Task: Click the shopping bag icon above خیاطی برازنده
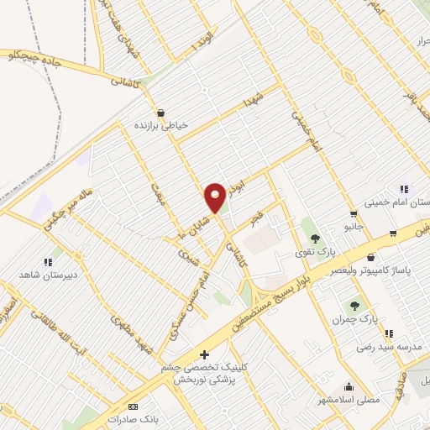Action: point(161,113)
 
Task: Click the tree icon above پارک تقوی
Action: point(315,239)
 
